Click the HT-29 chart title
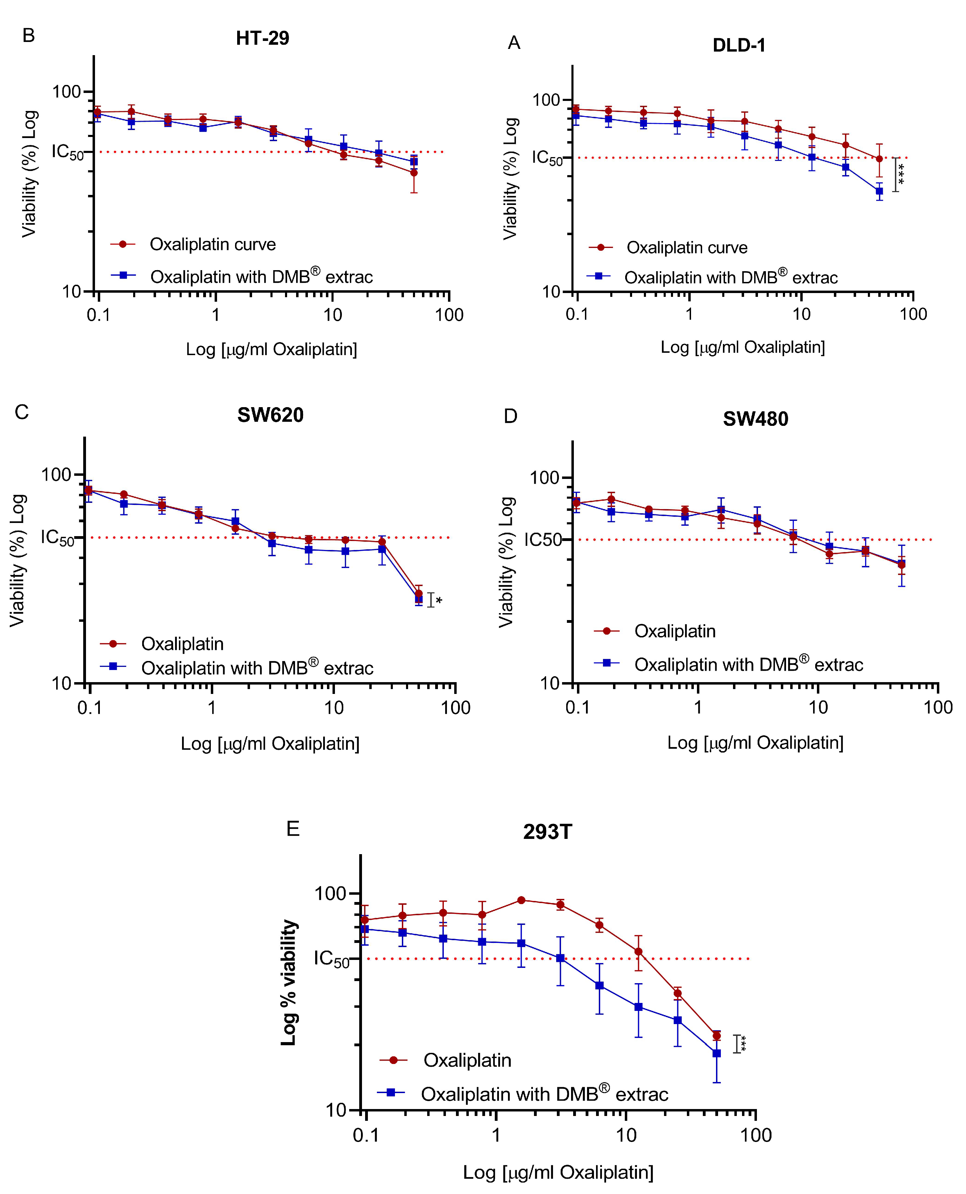(262, 38)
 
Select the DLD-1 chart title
(739, 45)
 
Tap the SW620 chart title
(270, 415)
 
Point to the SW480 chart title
(755, 419)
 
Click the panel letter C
(22, 412)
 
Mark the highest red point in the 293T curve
(521, 900)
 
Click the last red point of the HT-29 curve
(414, 172)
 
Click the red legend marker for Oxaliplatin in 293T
(394, 1060)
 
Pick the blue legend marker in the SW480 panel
(607, 663)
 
